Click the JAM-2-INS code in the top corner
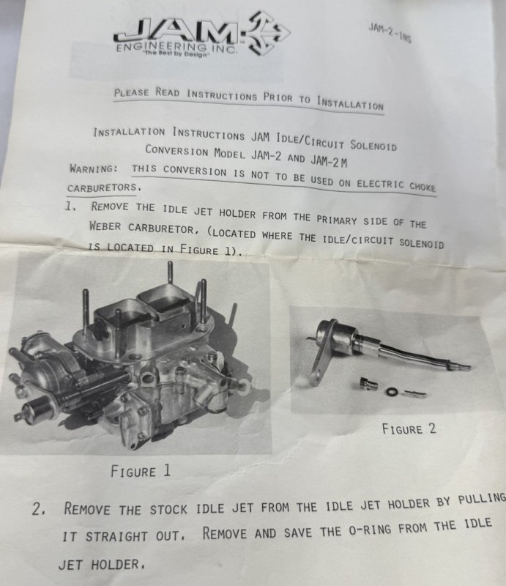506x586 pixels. point(390,33)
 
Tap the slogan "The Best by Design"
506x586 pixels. point(176,54)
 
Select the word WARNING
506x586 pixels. point(94,168)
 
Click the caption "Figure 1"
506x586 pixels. point(141,471)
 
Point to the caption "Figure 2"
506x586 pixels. point(409,429)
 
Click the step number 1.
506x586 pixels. point(70,206)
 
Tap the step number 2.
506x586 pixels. point(39,509)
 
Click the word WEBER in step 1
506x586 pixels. point(105,226)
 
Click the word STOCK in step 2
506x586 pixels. point(168,509)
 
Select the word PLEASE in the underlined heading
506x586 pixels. point(132,92)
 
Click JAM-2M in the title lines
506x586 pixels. point(329,160)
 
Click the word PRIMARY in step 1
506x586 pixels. point(337,220)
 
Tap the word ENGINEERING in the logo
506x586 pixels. point(161,47)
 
